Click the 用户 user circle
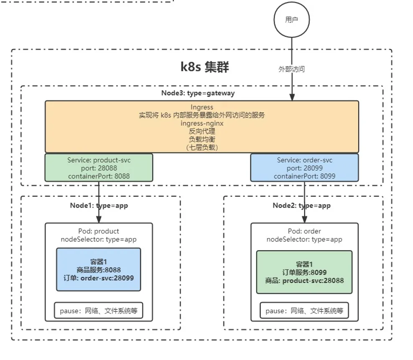pyautogui.click(x=291, y=20)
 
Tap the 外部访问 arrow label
pyautogui.click(x=291, y=69)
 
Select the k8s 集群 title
pyautogui.click(x=205, y=67)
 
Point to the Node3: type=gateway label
pyautogui.click(x=198, y=93)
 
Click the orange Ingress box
pyautogui.click(x=202, y=127)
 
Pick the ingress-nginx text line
pyautogui.click(x=202, y=123)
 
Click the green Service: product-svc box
pyautogui.click(x=99, y=168)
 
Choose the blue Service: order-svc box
pyautogui.click(x=304, y=168)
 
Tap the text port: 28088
pyautogui.click(x=99, y=168)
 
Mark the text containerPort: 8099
pyautogui.click(x=304, y=176)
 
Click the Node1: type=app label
pyautogui.click(x=99, y=205)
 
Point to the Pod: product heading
pyautogui.click(x=99, y=231)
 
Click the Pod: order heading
pyautogui.click(x=304, y=231)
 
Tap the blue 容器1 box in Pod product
pyautogui.click(x=99, y=269)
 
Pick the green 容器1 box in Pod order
pyautogui.click(x=304, y=272)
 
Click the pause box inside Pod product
pyautogui.click(x=99, y=311)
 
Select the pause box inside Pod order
pyautogui.click(x=304, y=311)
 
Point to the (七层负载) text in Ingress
pyautogui.click(x=202, y=147)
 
